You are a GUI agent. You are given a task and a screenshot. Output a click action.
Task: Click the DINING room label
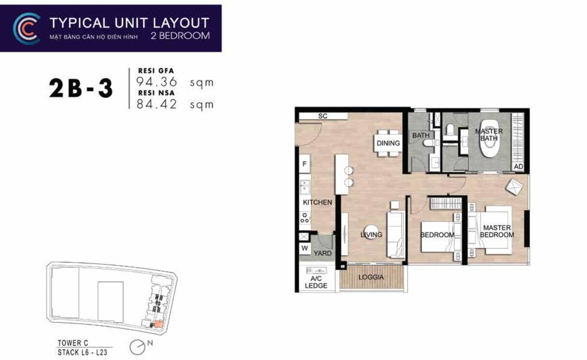tap(388, 143)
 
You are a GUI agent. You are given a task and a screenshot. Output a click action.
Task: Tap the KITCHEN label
tap(318, 202)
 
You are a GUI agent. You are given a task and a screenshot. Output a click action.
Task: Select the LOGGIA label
tap(371, 277)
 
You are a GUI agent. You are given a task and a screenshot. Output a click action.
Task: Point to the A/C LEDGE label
tap(316, 282)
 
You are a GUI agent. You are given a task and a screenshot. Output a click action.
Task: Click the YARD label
tap(322, 254)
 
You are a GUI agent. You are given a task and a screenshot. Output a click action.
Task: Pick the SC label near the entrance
tap(322, 116)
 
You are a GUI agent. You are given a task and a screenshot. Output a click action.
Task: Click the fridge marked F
tap(305, 164)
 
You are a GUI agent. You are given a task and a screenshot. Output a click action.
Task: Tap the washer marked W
tap(305, 248)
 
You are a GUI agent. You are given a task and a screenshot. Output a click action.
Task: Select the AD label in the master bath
tap(519, 166)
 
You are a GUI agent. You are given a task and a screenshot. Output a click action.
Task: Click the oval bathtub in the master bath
tap(489, 139)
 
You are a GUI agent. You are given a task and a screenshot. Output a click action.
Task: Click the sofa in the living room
tap(396, 234)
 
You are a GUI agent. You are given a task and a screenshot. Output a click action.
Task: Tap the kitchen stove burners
tap(305, 218)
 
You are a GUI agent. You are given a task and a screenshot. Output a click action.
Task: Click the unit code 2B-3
tap(81, 89)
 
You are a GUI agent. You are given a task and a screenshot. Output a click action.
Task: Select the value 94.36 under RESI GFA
tap(157, 82)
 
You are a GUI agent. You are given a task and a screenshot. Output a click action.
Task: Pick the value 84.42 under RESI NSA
tap(157, 104)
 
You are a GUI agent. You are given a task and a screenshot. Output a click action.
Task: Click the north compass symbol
tap(138, 347)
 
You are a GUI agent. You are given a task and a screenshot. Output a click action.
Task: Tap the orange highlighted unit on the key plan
tap(159, 324)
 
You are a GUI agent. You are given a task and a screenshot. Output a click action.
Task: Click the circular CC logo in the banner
tap(27, 28)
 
